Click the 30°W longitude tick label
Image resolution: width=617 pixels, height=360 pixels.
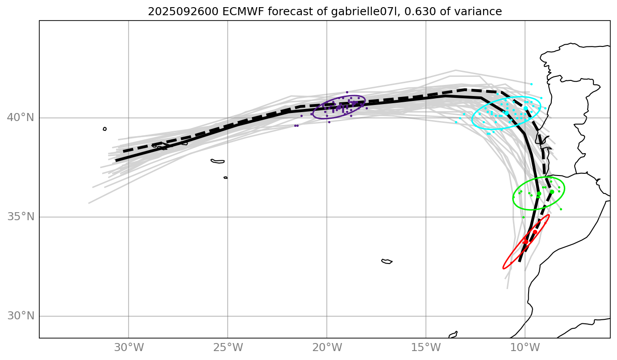pyautogui.click(x=129, y=347)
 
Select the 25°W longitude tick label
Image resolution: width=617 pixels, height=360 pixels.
pyautogui.click(x=228, y=347)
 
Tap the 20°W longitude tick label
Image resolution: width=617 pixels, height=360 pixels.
pyautogui.click(x=327, y=347)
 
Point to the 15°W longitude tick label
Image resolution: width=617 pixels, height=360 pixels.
pyautogui.click(x=426, y=347)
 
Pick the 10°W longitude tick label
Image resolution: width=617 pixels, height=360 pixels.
pyautogui.click(x=525, y=347)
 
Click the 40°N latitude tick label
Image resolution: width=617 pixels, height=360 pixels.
pyautogui.click(x=21, y=118)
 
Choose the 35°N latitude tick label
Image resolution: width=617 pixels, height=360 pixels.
pyautogui.click(x=21, y=217)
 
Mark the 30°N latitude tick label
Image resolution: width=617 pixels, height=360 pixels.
pyautogui.click(x=21, y=316)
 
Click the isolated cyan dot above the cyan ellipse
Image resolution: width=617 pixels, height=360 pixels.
pyautogui.click(x=531, y=84)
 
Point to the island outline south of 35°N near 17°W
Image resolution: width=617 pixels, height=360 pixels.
pyautogui.click(x=387, y=261)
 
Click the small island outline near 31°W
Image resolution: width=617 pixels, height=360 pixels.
pyautogui.click(x=104, y=129)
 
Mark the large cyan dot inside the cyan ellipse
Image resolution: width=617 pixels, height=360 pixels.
pyautogui.click(x=525, y=109)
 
